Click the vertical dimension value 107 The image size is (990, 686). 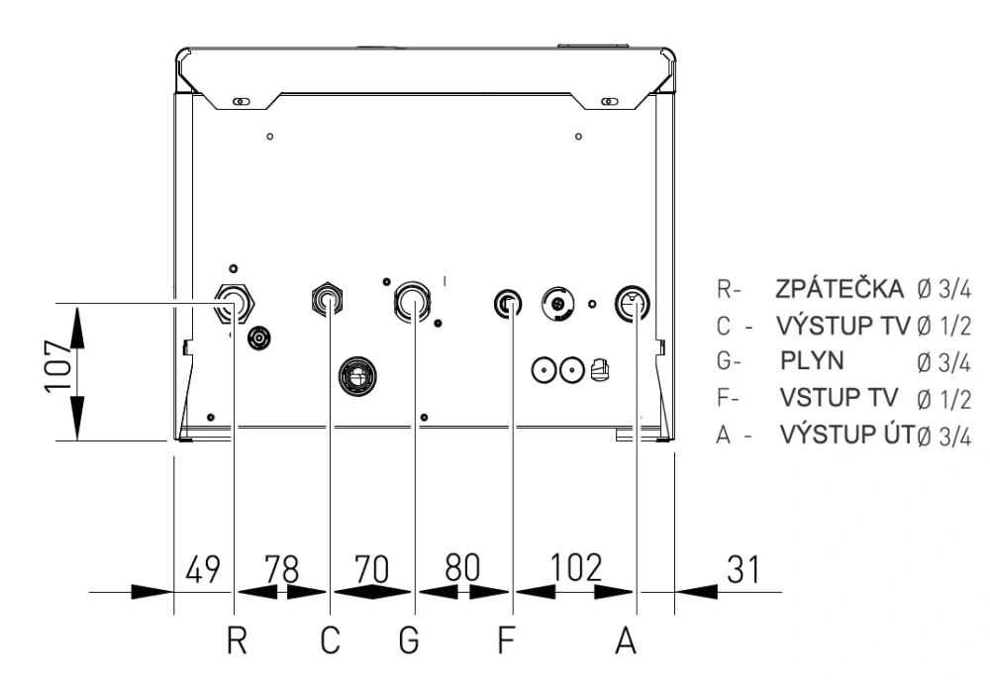click(58, 366)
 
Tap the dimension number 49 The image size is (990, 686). click(203, 569)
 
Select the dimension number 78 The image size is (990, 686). click(281, 569)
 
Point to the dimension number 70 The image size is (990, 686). click(371, 568)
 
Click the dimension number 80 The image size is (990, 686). click(462, 567)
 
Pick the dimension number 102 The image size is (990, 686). click(576, 567)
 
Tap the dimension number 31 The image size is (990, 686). click(743, 569)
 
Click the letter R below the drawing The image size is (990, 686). click(237, 640)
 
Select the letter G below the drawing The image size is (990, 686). click(409, 640)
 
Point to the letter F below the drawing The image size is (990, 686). click(506, 640)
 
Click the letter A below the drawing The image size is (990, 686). click(626, 640)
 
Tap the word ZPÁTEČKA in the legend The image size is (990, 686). click(840, 288)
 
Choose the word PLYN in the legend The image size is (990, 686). click(812, 360)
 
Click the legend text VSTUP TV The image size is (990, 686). click(839, 398)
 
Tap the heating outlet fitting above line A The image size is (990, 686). click(633, 304)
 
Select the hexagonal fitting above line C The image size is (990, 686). click(328, 299)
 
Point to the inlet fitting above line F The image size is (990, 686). click(508, 305)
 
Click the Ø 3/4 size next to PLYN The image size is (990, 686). click(943, 363)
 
